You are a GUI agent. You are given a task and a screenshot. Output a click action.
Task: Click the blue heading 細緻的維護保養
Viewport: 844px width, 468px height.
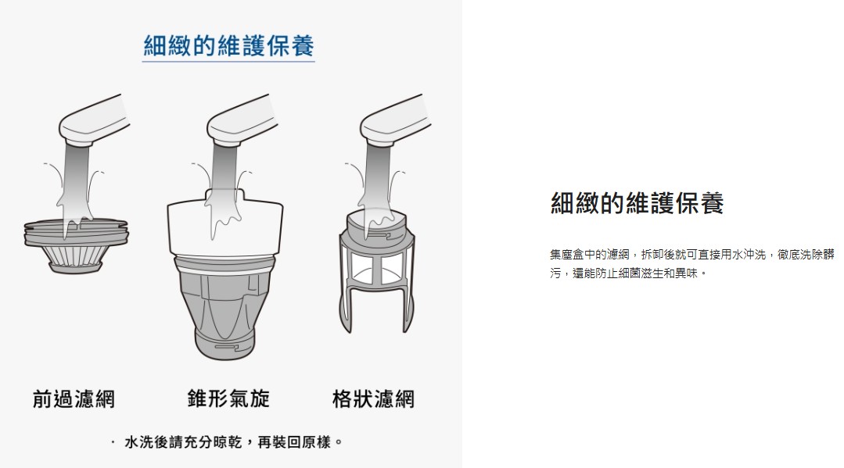point(228,46)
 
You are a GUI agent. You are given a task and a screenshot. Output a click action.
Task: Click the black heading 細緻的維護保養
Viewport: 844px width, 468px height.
point(637,203)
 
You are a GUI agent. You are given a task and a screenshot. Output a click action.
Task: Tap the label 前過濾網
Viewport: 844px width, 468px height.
point(74,399)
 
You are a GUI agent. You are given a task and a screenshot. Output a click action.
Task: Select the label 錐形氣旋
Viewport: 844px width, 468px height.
point(228,398)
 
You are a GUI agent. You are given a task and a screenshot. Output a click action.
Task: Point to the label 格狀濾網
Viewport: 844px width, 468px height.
point(374,399)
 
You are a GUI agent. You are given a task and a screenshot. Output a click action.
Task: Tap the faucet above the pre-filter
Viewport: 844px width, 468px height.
point(94,121)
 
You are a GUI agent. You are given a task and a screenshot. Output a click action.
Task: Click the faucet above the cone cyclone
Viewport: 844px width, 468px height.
point(242,121)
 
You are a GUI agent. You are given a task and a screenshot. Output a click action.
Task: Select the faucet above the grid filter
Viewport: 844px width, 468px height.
point(394,121)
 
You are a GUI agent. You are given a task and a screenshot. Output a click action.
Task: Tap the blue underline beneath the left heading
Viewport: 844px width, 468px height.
point(228,61)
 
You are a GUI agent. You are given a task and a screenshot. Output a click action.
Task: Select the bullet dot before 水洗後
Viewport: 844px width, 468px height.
point(113,442)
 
